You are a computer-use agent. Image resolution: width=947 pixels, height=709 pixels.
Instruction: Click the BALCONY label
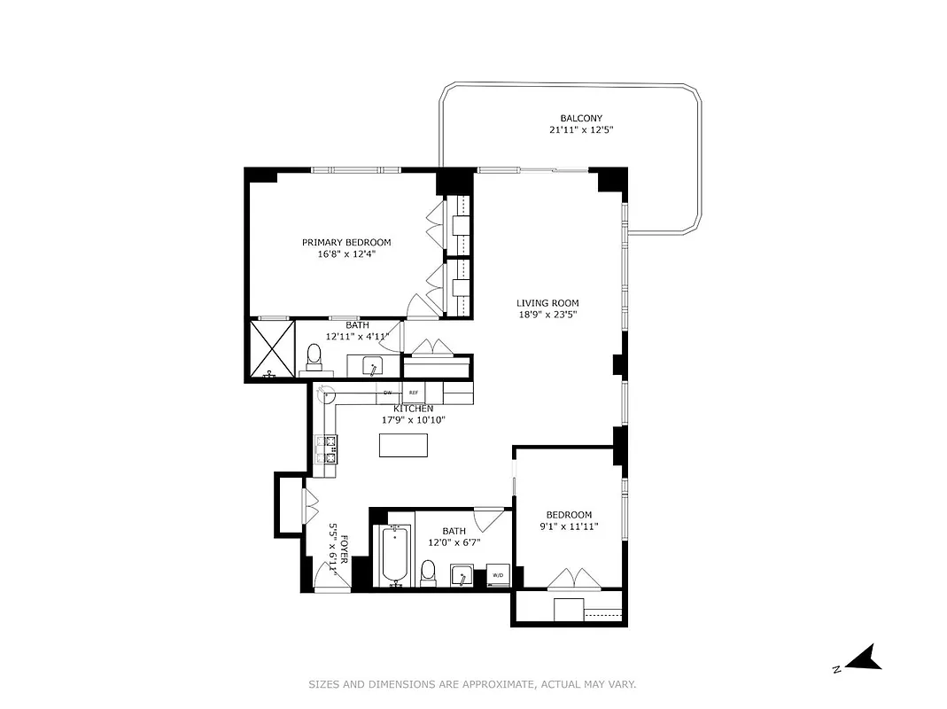581,118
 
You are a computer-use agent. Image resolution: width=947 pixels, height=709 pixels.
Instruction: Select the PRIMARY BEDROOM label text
345,242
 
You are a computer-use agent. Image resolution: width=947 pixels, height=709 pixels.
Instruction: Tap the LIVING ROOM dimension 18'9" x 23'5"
547,314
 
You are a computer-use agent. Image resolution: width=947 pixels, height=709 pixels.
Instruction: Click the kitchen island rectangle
397,445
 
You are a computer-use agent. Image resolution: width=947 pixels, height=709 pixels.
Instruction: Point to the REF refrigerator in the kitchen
413,393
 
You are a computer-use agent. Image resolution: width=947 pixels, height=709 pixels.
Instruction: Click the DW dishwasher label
387,393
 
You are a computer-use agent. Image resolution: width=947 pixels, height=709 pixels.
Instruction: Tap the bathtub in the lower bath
395,556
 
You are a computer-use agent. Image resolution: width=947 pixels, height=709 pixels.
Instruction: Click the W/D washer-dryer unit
497,575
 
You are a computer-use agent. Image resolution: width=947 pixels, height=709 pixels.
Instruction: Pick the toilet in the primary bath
313,356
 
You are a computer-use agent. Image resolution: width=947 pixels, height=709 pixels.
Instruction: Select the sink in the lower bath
461,576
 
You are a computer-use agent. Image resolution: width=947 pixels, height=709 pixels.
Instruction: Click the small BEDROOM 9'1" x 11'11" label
568,515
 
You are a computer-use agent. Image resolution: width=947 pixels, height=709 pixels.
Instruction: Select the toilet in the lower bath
428,571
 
